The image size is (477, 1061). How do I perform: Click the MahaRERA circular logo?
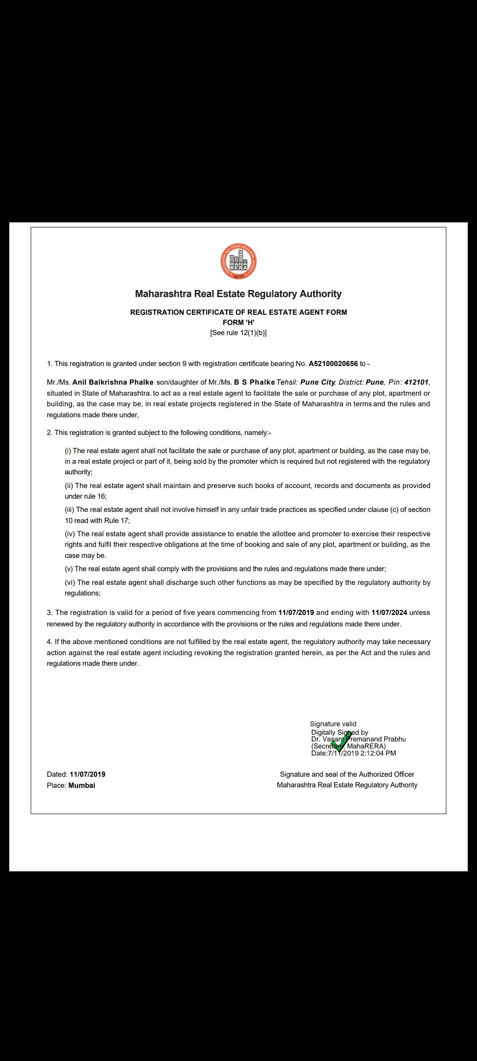click(238, 262)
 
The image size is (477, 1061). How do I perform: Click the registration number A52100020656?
click(333, 364)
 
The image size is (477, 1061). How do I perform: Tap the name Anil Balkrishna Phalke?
click(113, 382)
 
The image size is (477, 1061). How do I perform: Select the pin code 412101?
click(416, 382)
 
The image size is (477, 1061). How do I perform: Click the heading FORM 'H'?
click(238, 323)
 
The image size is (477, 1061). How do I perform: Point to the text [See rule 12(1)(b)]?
click(238, 333)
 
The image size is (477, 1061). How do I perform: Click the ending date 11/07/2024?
click(389, 613)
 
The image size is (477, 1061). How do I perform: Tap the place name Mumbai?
click(82, 786)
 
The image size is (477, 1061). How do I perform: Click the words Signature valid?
click(333, 724)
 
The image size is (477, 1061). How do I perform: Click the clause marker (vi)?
click(70, 583)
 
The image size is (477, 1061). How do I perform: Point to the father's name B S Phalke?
click(254, 382)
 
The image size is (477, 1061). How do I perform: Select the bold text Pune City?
click(318, 382)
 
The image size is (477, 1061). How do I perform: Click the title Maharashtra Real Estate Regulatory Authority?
click(238, 294)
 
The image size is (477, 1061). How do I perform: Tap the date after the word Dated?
click(87, 775)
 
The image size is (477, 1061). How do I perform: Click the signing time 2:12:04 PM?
click(378, 753)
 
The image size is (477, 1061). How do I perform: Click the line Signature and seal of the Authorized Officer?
click(347, 775)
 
